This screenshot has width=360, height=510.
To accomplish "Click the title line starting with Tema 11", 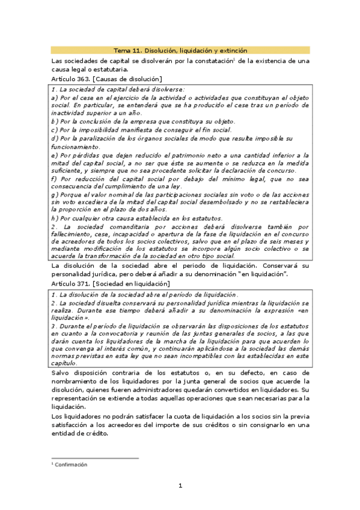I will point(180,51).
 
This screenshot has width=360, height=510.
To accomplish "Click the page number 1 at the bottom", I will point(180,485).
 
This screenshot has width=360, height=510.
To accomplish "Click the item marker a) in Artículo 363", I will point(55,97).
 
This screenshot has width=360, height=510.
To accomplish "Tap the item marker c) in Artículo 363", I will point(55,129).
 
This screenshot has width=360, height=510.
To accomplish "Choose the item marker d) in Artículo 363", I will point(55,138).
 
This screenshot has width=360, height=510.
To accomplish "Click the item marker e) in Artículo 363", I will point(55,155).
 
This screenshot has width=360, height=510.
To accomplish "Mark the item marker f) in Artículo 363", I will point(54,179).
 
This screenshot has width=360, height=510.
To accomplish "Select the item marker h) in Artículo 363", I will point(55,218).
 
